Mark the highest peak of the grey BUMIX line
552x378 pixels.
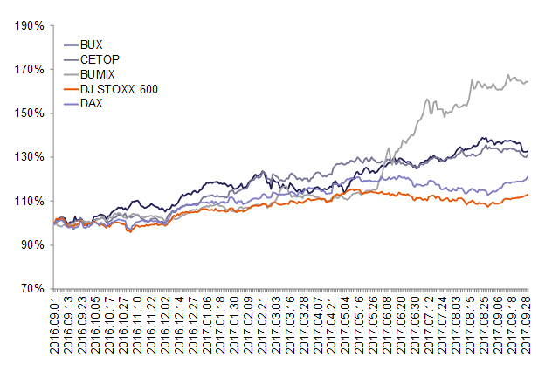click(x=509, y=75)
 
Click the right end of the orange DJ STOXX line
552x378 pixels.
click(x=528, y=195)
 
